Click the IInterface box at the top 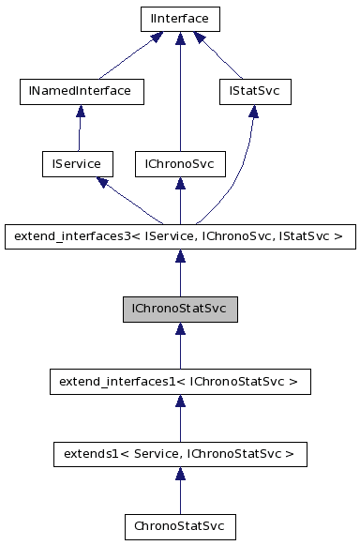(179, 19)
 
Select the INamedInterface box (81, 92)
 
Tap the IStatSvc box (254, 92)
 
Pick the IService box (77, 164)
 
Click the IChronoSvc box (179, 164)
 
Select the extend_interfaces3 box (180, 236)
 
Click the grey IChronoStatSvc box (180, 309)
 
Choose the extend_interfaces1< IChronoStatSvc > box (180, 382)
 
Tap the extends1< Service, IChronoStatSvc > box (180, 454)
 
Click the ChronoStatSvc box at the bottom (180, 526)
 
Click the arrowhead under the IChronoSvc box (179, 184)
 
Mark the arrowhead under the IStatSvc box (253, 112)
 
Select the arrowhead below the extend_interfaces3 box (180, 256)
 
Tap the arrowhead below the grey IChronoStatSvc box (180, 329)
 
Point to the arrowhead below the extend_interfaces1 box (180, 401)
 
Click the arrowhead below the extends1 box (180, 474)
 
